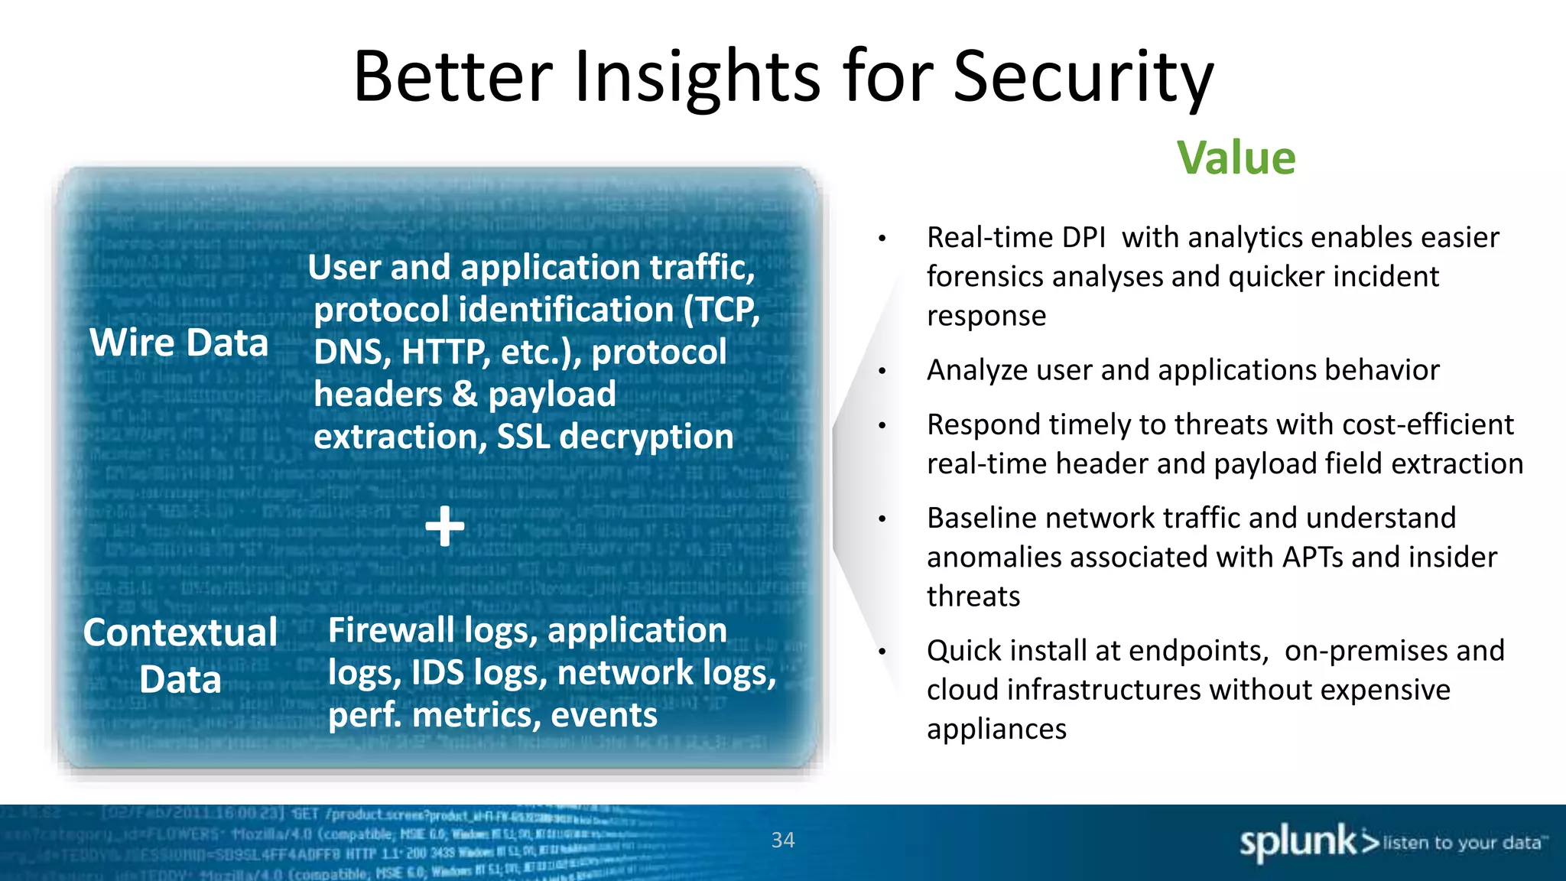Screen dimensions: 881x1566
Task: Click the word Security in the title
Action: [1083, 76]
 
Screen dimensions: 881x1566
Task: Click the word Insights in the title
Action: [697, 76]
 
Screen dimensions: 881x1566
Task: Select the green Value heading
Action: [1236, 158]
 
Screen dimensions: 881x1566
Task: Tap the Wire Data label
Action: [179, 343]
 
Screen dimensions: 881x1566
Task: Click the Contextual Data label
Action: [180, 655]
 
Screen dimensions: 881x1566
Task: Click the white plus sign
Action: [445, 527]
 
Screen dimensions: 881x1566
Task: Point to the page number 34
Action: [783, 840]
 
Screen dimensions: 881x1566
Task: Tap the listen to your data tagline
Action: [1464, 843]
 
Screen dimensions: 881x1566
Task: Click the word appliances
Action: [996, 730]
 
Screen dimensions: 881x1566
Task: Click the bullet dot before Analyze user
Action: [882, 372]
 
